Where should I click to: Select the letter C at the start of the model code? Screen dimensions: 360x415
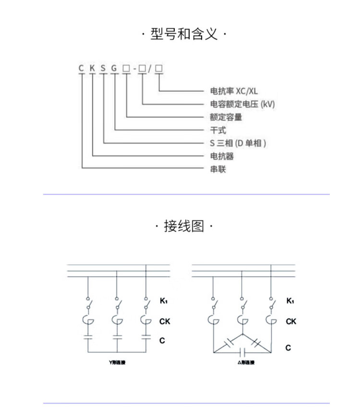(x=82, y=68)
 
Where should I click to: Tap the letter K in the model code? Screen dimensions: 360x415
(x=92, y=68)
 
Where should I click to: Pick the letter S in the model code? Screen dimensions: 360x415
(x=103, y=68)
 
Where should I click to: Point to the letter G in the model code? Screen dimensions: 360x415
(x=114, y=68)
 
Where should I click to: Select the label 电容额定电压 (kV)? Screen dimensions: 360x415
(x=242, y=104)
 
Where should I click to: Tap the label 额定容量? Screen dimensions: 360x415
(x=226, y=117)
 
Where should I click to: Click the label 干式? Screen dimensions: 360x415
(x=218, y=130)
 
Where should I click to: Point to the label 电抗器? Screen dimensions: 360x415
(x=222, y=156)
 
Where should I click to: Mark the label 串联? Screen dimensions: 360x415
(x=218, y=169)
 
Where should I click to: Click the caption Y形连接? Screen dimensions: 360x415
(x=118, y=362)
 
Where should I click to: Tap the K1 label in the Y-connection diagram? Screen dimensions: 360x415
(x=163, y=301)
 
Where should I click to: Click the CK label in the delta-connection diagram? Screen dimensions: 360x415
(x=291, y=321)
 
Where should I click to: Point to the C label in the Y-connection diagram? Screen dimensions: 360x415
(x=162, y=341)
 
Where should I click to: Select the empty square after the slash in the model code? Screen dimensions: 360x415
(x=158, y=68)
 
